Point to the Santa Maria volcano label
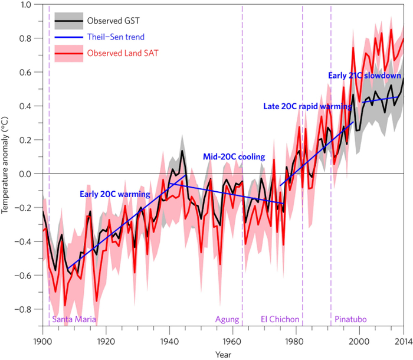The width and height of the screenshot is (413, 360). click(x=74, y=319)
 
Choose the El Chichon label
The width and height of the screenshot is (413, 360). click(x=280, y=319)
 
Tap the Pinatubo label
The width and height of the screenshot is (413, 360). click(x=351, y=319)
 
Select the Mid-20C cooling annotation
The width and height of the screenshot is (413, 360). click(x=234, y=157)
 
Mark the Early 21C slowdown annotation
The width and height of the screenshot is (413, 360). click(x=365, y=76)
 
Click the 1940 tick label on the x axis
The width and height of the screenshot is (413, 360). click(x=169, y=341)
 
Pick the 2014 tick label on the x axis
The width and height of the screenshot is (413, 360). click(x=403, y=341)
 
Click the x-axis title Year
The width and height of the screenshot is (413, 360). click(x=223, y=355)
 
